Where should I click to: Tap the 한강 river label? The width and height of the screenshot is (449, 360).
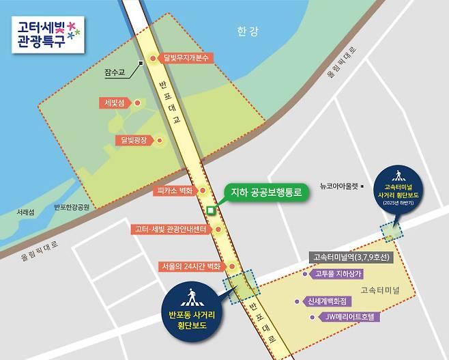point(244,31)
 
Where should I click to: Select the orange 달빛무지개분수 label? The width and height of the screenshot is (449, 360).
point(187,58)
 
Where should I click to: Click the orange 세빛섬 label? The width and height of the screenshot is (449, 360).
point(113,103)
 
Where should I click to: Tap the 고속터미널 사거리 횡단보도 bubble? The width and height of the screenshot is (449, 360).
point(401,186)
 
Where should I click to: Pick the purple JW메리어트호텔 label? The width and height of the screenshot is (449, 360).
point(347,317)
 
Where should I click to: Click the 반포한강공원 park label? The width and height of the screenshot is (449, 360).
point(76,207)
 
